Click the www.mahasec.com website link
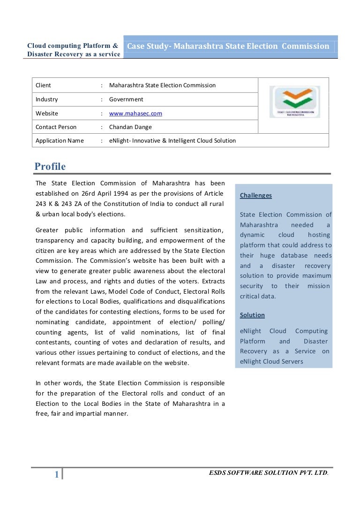tap(135, 114)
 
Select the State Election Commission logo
tap(294, 102)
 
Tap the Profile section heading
tap(50, 167)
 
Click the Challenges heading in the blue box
tap(255, 195)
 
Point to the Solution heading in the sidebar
tap(252, 315)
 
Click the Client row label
tap(43, 85)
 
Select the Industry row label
tap(46, 99)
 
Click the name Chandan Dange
tap(130, 127)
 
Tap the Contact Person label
tap(56, 127)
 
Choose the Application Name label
tap(60, 141)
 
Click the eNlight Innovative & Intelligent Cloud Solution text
tap(172, 141)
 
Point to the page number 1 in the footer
tap(57, 475)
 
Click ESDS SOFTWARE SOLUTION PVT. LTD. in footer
tap(268, 473)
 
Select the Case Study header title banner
tap(228, 46)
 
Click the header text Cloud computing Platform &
tap(73, 46)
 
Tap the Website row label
tap(47, 114)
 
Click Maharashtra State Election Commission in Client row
tap(162, 85)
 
